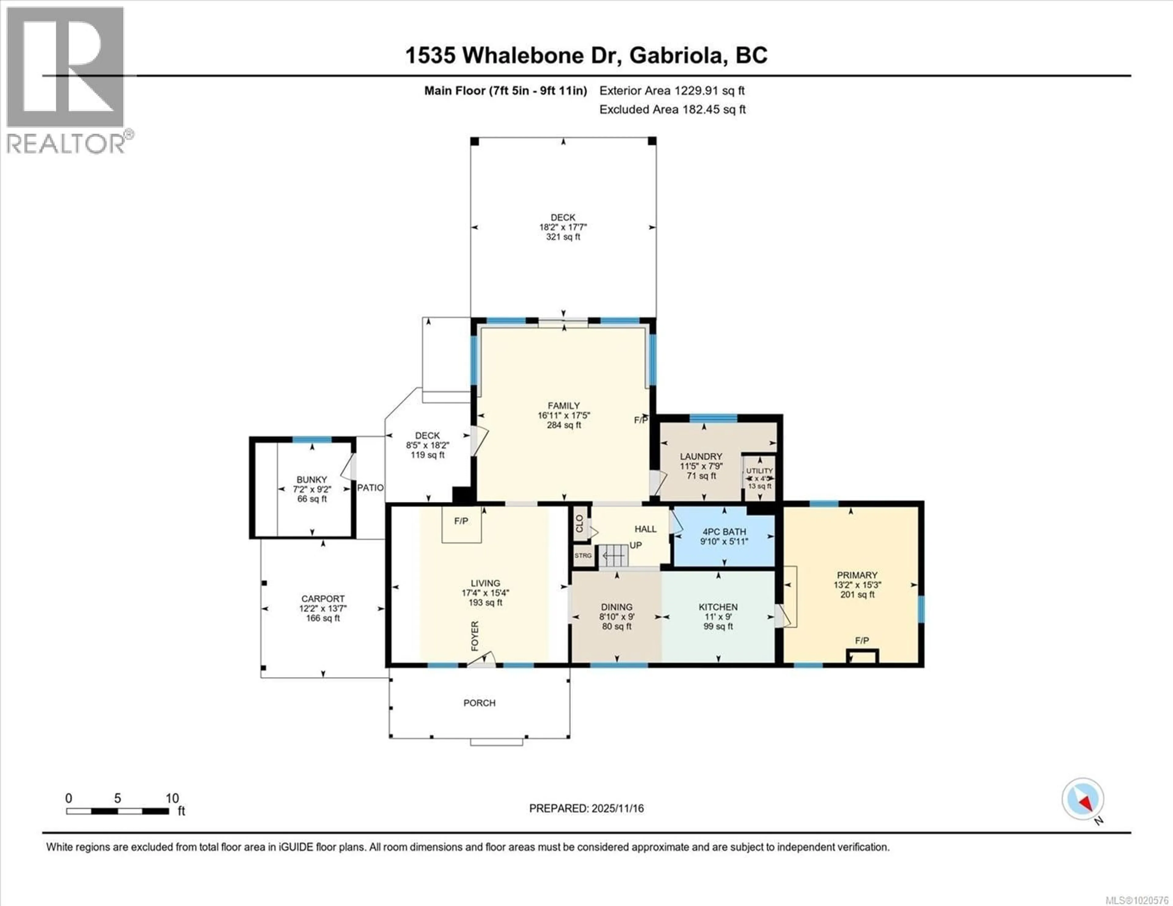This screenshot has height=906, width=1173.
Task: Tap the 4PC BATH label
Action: (724, 532)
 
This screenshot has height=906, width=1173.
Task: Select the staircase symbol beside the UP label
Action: (613, 555)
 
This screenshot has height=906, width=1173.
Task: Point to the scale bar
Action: (118, 811)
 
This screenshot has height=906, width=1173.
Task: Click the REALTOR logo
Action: (66, 81)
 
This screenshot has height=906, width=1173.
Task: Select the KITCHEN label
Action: (718, 607)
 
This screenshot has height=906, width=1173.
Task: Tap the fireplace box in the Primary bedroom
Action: (862, 656)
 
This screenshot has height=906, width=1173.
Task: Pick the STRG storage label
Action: (583, 555)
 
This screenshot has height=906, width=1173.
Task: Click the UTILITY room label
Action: (759, 471)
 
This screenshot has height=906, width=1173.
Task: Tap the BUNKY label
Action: (312, 480)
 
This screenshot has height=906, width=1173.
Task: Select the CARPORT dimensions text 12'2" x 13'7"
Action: (323, 609)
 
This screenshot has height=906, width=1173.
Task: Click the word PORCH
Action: (479, 703)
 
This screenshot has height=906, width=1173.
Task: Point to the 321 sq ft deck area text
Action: (563, 237)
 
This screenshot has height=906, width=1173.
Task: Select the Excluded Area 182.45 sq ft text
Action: (672, 110)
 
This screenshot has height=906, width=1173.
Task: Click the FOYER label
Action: (475, 636)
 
